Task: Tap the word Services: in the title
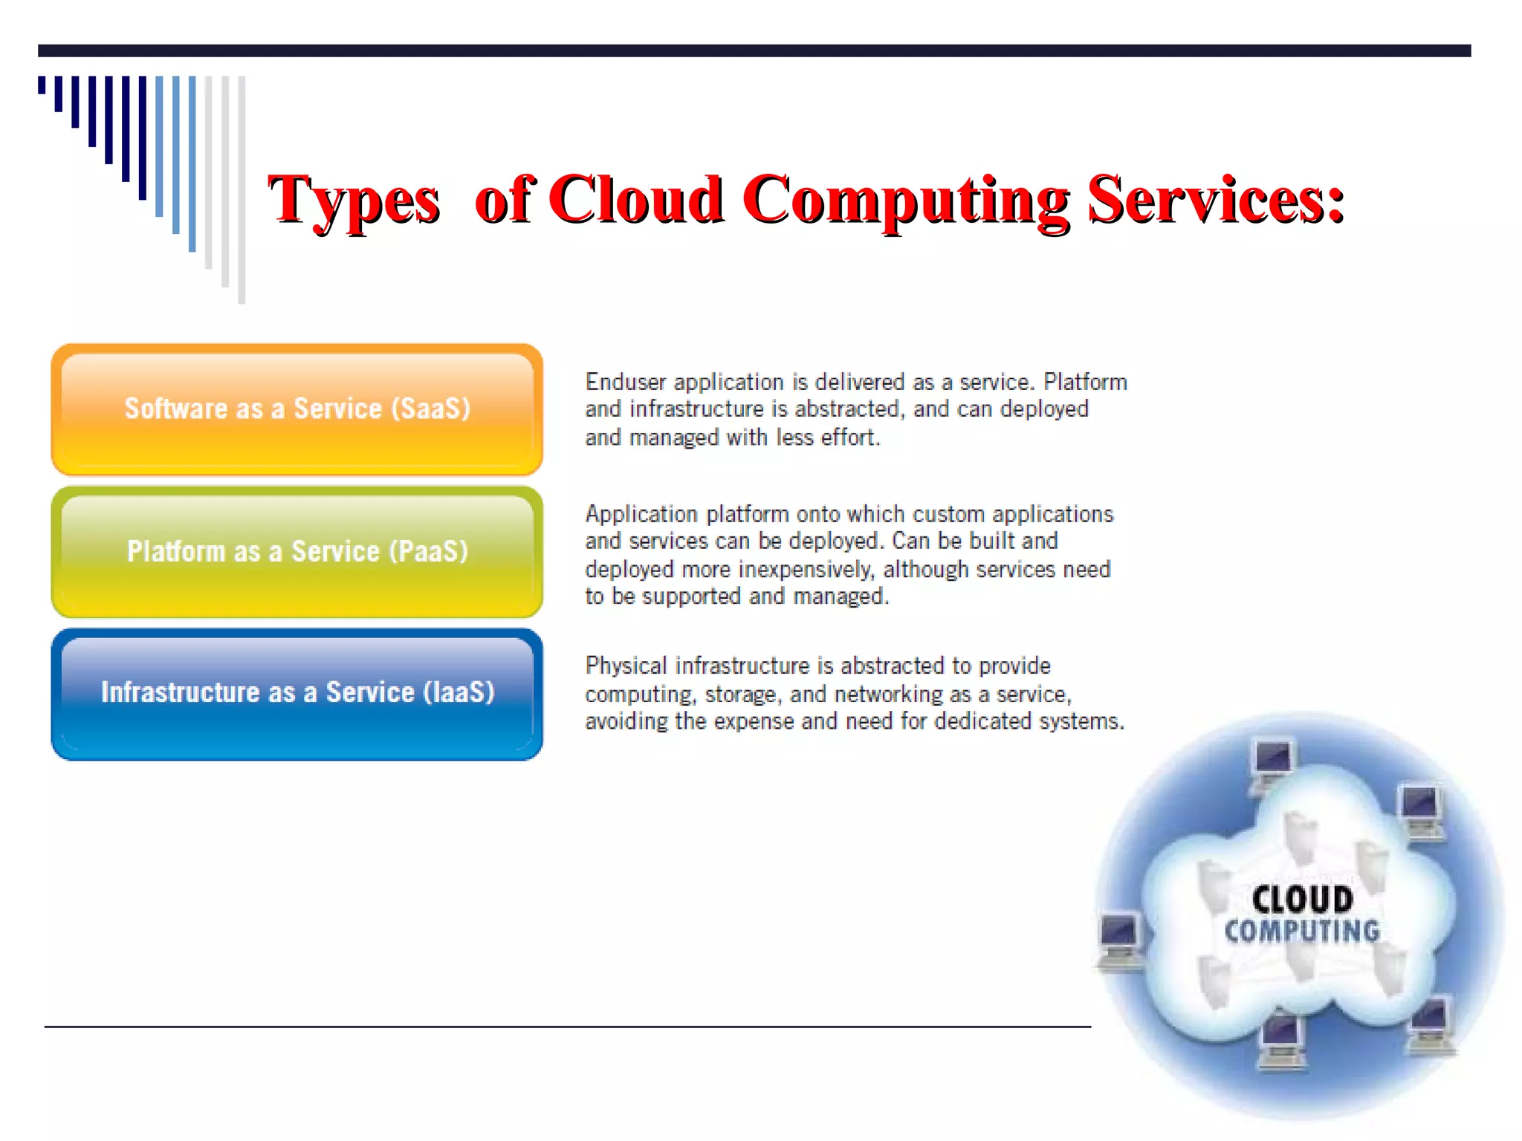1216,199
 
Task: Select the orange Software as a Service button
297,409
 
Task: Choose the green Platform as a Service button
297,552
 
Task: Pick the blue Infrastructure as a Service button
297,694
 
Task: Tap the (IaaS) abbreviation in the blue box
459,692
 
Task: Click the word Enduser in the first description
625,382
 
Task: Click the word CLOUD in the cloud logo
1302,900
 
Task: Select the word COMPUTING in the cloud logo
1302,931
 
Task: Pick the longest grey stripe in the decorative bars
242,189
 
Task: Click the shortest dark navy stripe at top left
42,85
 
